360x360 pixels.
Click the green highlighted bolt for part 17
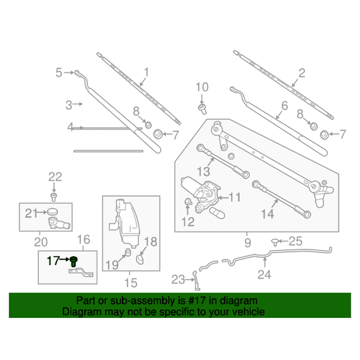[74, 261]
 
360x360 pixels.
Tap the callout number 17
[53, 261]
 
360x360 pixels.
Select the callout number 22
[55, 177]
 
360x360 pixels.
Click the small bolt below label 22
[54, 197]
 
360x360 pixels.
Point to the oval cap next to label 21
[52, 212]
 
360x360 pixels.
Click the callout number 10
[202, 87]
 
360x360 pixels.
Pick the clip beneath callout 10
[202, 109]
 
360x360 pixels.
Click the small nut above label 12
[188, 202]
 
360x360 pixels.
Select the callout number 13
[204, 172]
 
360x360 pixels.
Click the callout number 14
[268, 214]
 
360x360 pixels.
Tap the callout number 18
[151, 241]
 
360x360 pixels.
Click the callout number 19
[112, 265]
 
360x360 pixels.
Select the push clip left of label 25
[275, 243]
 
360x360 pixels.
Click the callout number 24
[265, 275]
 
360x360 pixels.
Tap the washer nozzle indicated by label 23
[196, 281]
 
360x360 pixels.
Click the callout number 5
[59, 72]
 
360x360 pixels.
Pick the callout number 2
[302, 73]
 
